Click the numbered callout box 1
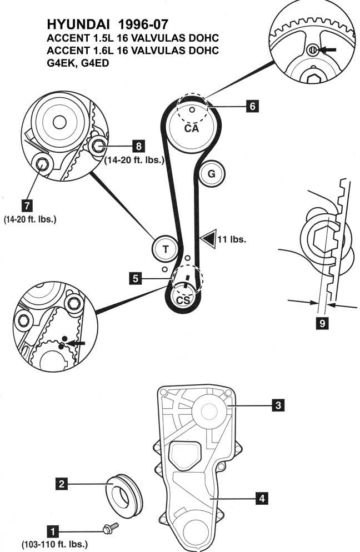[x=53, y=531]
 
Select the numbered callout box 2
[x=62, y=484]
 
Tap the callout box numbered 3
[x=278, y=405]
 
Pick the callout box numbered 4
[x=262, y=498]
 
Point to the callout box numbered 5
[x=135, y=278]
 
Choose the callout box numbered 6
[x=252, y=106]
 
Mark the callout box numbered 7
[x=27, y=205]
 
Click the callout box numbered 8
[x=138, y=145]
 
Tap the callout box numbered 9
[x=322, y=323]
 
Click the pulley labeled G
[x=211, y=174]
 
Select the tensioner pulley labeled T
[x=166, y=249]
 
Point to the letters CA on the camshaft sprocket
[x=191, y=128]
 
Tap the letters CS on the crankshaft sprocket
[x=183, y=300]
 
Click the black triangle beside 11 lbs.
[x=208, y=239]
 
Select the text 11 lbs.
[x=232, y=239]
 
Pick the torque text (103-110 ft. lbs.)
[x=54, y=544]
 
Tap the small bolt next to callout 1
[x=110, y=528]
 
